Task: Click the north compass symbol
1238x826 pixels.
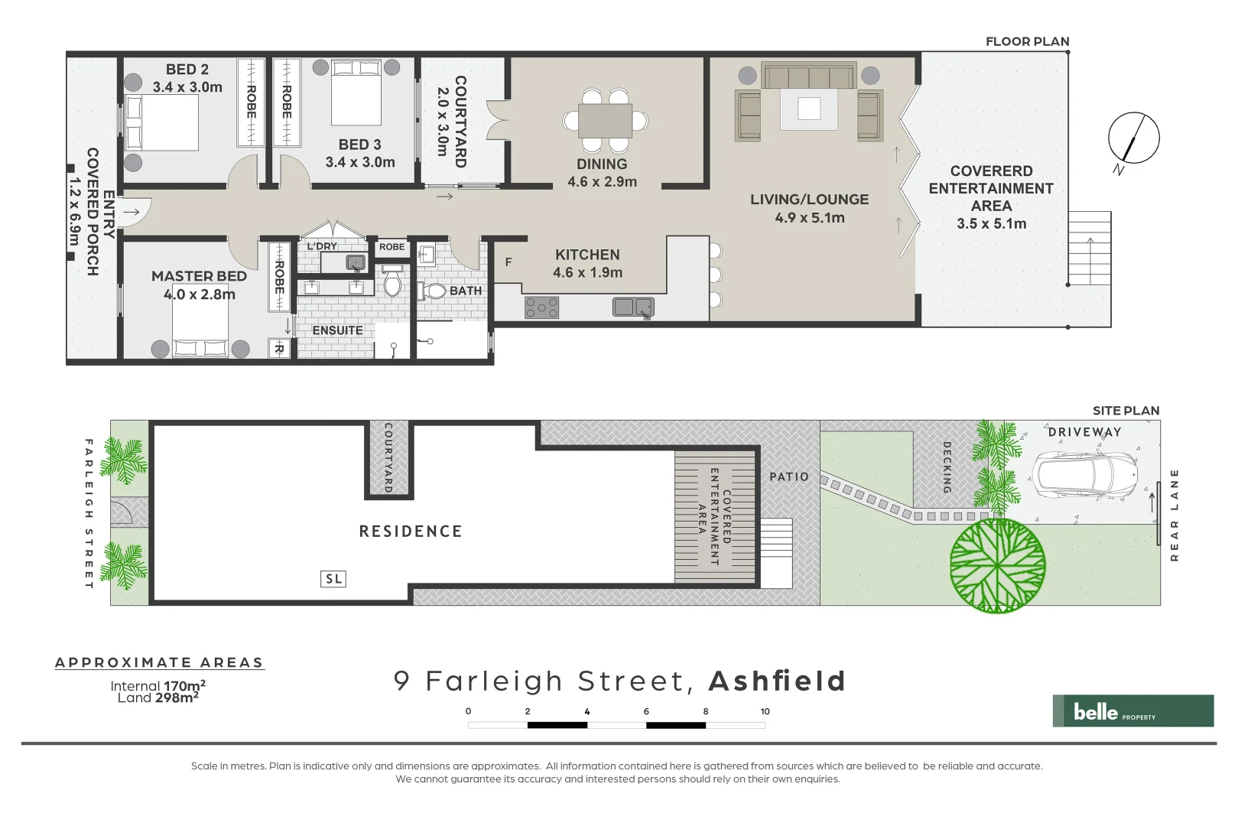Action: [1133, 138]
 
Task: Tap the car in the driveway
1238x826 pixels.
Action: [1084, 475]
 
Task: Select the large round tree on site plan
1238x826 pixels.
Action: [997, 566]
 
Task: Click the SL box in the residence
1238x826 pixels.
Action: [333, 579]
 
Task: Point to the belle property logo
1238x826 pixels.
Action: [1132, 711]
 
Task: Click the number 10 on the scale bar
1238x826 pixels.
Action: [765, 711]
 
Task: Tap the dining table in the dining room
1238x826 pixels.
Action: [604, 121]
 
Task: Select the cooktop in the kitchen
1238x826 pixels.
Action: [541, 307]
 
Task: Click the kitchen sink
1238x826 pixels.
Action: [633, 307]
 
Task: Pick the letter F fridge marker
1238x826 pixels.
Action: [509, 262]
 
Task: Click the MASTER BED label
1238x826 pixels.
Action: [199, 276]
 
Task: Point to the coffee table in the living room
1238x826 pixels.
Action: [808, 109]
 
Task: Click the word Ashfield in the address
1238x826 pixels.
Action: [777, 681]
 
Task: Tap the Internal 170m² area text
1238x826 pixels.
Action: [158, 686]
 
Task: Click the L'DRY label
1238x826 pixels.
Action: [322, 246]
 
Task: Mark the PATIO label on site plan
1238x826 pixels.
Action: [789, 476]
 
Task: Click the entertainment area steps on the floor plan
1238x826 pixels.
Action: [1090, 248]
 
